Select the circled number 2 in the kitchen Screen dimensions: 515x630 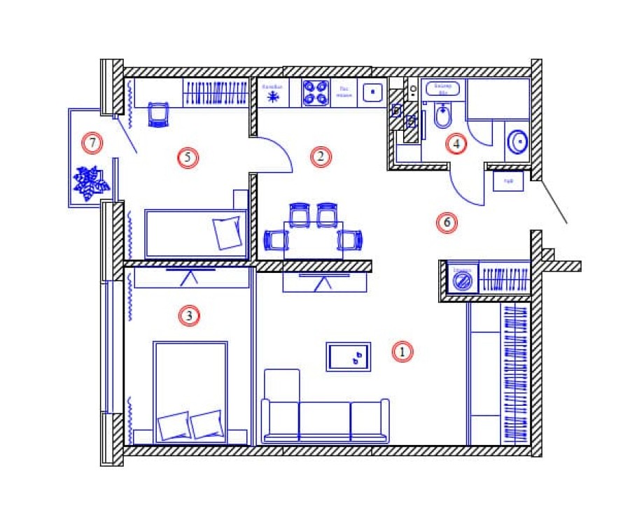320,157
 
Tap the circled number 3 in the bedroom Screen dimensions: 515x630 189,316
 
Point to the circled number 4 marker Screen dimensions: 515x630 456,144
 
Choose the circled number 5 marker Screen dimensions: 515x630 187,157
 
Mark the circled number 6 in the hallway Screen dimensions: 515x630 446,223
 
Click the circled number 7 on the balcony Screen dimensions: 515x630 92,143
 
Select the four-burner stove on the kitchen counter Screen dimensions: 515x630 316,93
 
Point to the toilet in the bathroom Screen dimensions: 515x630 442,116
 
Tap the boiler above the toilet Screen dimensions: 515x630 442,88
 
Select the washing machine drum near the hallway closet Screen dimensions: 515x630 462,282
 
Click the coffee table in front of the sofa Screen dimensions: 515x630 349,357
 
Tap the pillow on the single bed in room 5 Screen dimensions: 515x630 227,232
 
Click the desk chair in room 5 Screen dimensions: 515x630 159,114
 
